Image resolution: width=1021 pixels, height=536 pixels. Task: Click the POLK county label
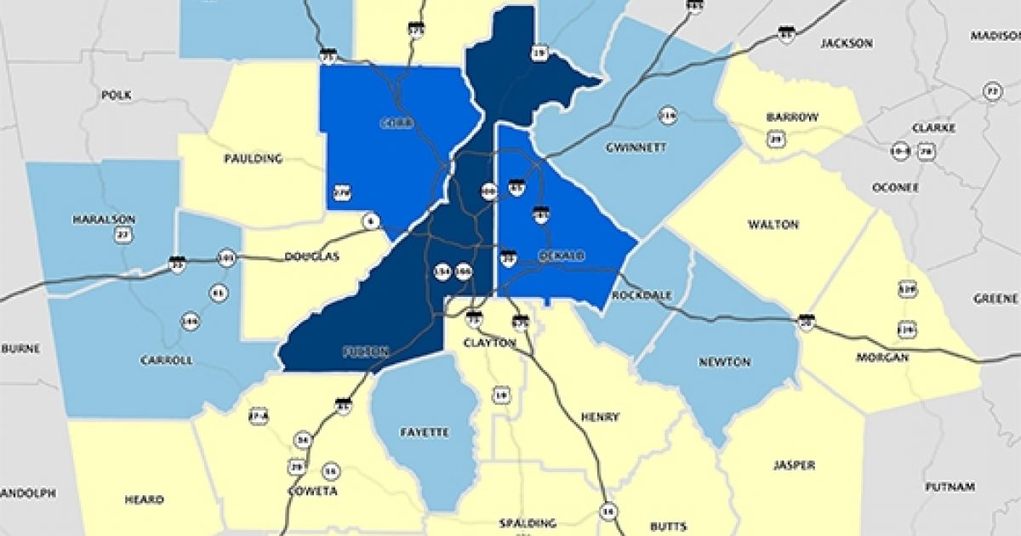coord(117,95)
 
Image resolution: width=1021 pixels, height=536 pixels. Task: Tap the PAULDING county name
coord(252,158)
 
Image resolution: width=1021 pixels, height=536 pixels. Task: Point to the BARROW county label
coord(791,117)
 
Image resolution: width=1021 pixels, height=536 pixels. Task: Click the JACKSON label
coord(847,43)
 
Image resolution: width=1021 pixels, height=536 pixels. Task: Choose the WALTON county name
coord(773,225)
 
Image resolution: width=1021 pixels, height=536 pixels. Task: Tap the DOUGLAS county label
coord(311,256)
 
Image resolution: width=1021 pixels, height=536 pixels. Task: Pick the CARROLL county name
coord(166,360)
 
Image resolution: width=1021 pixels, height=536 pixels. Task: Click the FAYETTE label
coord(424,432)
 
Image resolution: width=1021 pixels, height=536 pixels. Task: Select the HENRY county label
coord(600,417)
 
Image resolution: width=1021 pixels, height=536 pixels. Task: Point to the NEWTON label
coord(724,362)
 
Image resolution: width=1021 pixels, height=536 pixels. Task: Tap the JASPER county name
coord(796,465)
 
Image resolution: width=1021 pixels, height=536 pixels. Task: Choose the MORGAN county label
coord(882,357)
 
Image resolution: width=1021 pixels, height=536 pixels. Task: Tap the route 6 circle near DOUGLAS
coord(370,221)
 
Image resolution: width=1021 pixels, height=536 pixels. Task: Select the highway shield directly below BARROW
coord(775,139)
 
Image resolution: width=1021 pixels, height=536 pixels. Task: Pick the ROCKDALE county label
coord(642,295)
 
